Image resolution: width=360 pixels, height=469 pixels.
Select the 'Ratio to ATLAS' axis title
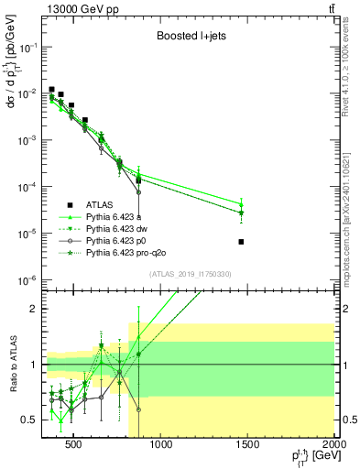12,365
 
